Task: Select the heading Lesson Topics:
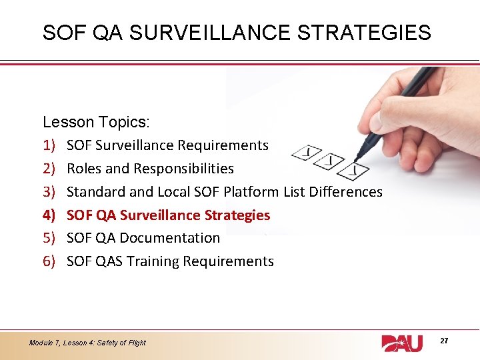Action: [96, 122]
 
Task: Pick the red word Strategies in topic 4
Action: [238, 215]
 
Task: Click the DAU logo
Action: [402, 343]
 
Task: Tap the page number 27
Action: [444, 341]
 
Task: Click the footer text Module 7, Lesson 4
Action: [87, 343]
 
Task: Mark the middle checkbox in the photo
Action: [331, 161]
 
